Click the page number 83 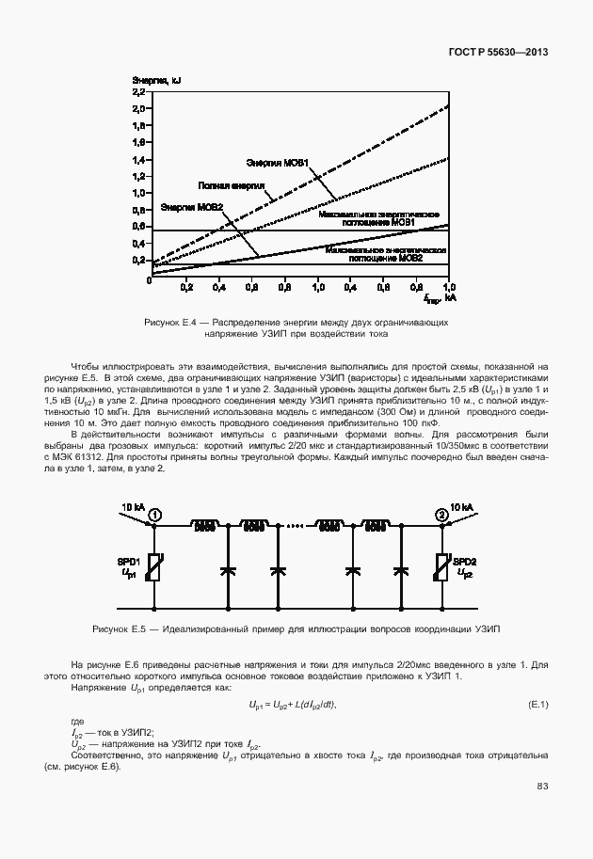542,787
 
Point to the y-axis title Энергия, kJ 156,80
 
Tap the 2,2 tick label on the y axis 139,92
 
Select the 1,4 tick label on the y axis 139,159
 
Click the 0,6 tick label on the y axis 139,226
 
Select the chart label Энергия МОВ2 191,206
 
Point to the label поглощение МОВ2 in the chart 385,257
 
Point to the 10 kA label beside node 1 130,508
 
